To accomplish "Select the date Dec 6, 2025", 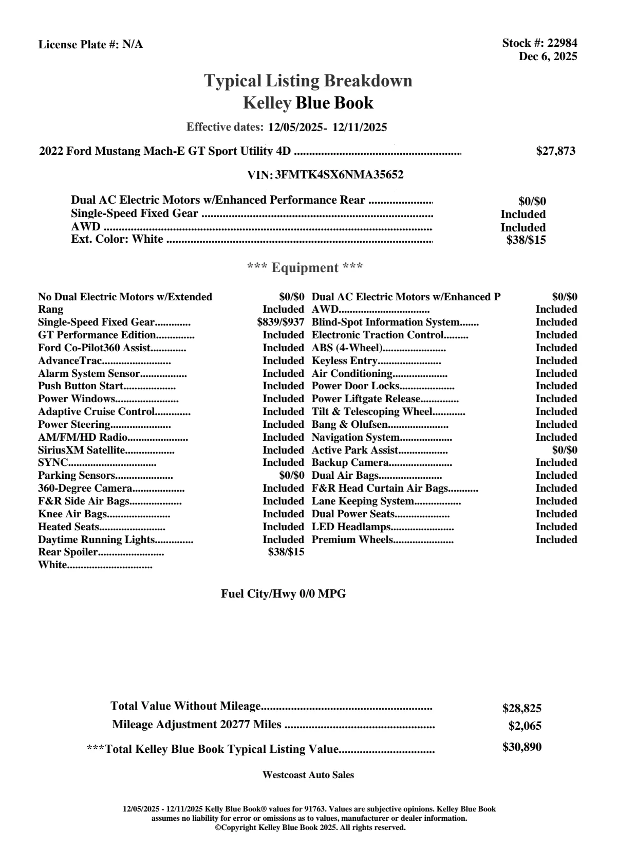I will click(x=548, y=57).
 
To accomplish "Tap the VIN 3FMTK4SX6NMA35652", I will click(x=339, y=175).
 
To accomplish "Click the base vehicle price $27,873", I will click(x=555, y=151).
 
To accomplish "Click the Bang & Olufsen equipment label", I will click(x=349, y=425).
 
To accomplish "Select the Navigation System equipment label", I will click(x=356, y=438).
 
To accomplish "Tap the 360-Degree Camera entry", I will click(x=85, y=489).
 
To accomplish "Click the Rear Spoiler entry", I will click(x=67, y=552).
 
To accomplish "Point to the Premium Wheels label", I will click(x=352, y=540).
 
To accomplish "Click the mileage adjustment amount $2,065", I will click(x=525, y=726).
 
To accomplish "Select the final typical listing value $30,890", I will click(x=521, y=747).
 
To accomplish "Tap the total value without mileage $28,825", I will click(x=521, y=709).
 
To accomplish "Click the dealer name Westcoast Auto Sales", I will click(x=308, y=775).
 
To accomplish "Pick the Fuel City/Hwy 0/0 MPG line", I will click(x=283, y=594).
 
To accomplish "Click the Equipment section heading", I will click(x=305, y=268).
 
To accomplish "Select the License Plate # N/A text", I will click(x=90, y=45).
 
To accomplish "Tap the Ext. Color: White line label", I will click(x=117, y=240).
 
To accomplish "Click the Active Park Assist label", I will click(x=354, y=450).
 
